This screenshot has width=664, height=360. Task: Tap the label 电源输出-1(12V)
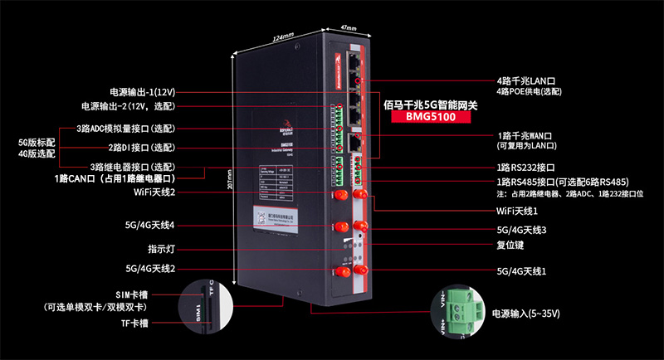(x=142, y=91)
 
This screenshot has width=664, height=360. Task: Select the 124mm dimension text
(x=283, y=37)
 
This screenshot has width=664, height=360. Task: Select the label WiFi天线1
(x=517, y=211)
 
